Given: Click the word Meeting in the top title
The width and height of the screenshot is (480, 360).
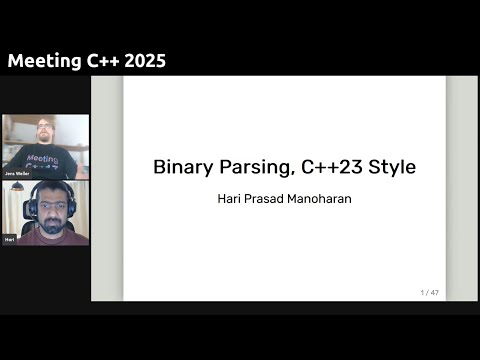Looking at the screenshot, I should tap(42, 61).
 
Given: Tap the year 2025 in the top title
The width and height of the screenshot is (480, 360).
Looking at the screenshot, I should tap(142, 61).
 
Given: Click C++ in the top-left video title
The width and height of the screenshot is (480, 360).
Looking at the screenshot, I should tap(98, 61).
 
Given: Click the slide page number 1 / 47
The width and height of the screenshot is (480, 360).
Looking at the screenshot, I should tap(430, 292).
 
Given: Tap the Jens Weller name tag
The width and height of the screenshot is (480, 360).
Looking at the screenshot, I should tap(16, 174).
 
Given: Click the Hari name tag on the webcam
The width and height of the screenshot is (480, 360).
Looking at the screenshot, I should tap(10, 240).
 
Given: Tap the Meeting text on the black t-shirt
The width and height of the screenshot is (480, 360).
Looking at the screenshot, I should tap(42, 158).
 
